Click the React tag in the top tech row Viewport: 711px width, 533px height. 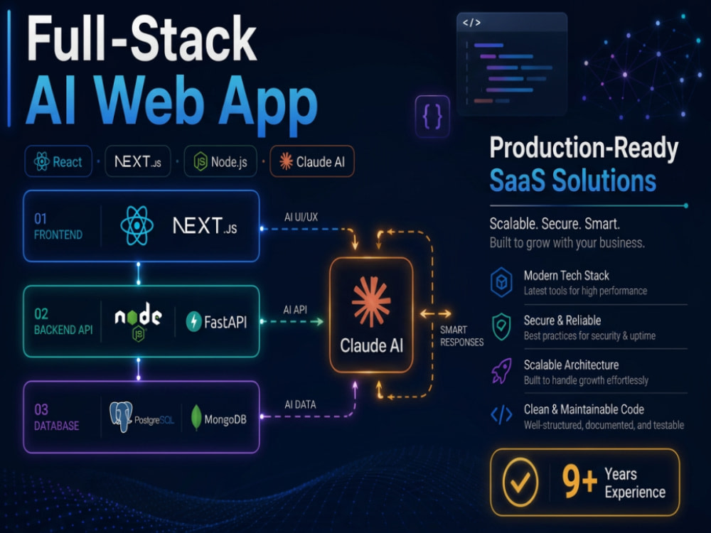point(58,161)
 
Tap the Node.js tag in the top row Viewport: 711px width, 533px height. point(220,161)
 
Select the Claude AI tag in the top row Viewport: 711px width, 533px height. point(312,161)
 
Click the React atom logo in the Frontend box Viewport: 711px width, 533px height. point(137,226)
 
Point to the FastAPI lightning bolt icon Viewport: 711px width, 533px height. point(194,321)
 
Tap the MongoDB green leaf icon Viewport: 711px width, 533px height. point(196,417)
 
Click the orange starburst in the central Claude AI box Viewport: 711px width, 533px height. point(371,302)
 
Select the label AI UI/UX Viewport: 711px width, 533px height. point(301,217)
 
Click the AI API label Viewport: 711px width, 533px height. point(295,310)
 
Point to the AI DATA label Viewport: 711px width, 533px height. point(300,405)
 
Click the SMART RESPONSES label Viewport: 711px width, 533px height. point(461,336)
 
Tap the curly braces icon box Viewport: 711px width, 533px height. point(432,116)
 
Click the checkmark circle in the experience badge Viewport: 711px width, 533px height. point(520,483)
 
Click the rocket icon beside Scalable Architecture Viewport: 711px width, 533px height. point(501,371)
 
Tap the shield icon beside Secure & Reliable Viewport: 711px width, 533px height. point(501,326)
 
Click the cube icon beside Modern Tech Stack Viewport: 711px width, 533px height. point(501,282)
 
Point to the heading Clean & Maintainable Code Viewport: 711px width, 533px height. point(584,409)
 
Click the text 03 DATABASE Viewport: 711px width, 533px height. point(57,417)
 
